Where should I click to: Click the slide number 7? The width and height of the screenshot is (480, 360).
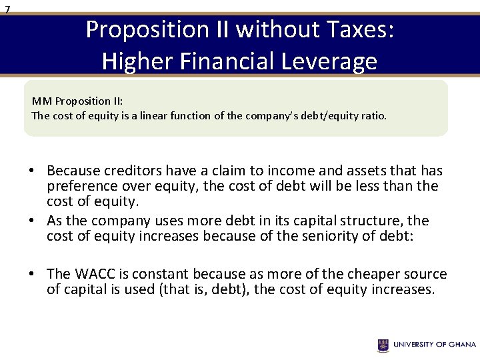click(7, 9)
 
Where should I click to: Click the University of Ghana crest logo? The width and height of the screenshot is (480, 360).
click(383, 345)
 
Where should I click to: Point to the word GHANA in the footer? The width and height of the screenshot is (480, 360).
click(461, 345)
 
